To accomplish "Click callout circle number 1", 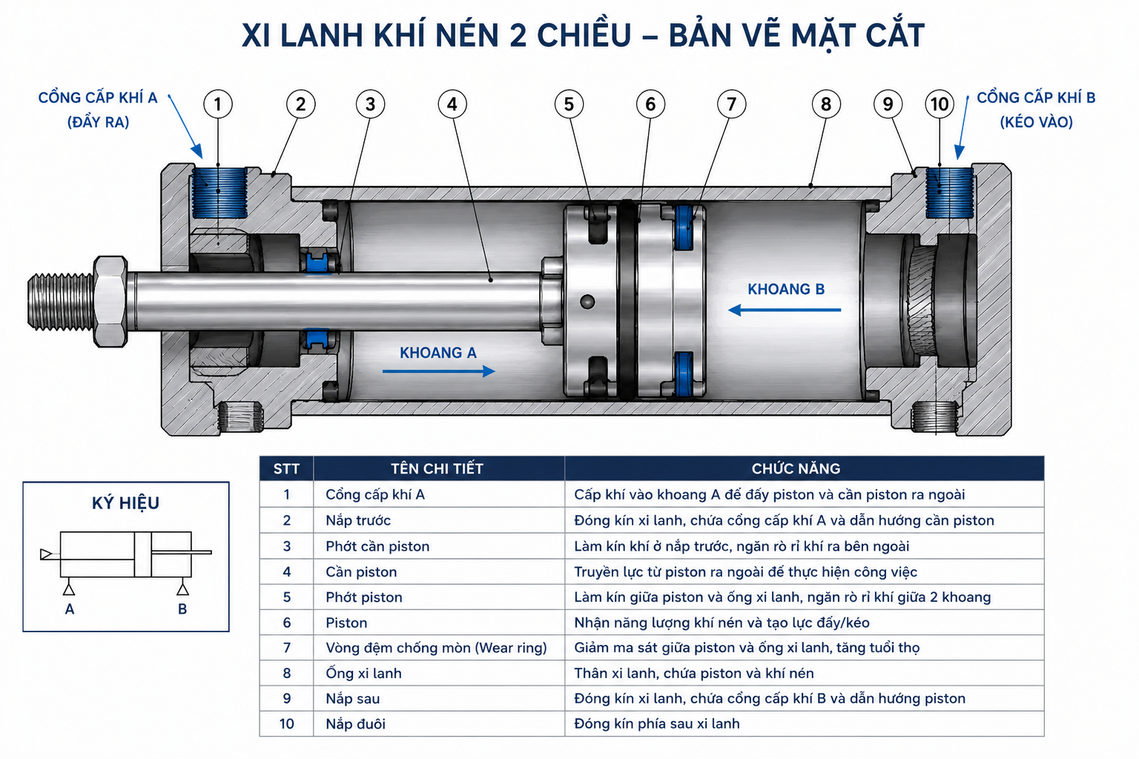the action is [217, 105].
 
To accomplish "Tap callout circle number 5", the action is [569, 105].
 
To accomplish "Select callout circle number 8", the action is [826, 105].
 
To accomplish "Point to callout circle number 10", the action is [940, 105].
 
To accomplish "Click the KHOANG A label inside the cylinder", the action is [438, 353].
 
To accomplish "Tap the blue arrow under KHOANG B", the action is [785, 310].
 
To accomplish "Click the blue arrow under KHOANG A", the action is [439, 371].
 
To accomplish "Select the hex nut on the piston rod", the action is [110, 302].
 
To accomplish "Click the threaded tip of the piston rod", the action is [61, 302].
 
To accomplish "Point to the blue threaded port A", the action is [219, 193].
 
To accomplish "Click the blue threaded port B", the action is [949, 193].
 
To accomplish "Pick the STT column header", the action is [286, 468].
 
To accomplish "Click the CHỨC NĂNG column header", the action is [796, 468].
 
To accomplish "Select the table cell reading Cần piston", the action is [361, 572].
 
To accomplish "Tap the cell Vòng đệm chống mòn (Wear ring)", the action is [436, 648].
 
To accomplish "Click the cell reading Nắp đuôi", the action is [355, 724].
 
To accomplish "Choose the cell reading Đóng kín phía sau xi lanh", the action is [656, 724].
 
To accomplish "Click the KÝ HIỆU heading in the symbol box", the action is [125, 503].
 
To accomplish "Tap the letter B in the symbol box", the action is [182, 609].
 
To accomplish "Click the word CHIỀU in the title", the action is [584, 35].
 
